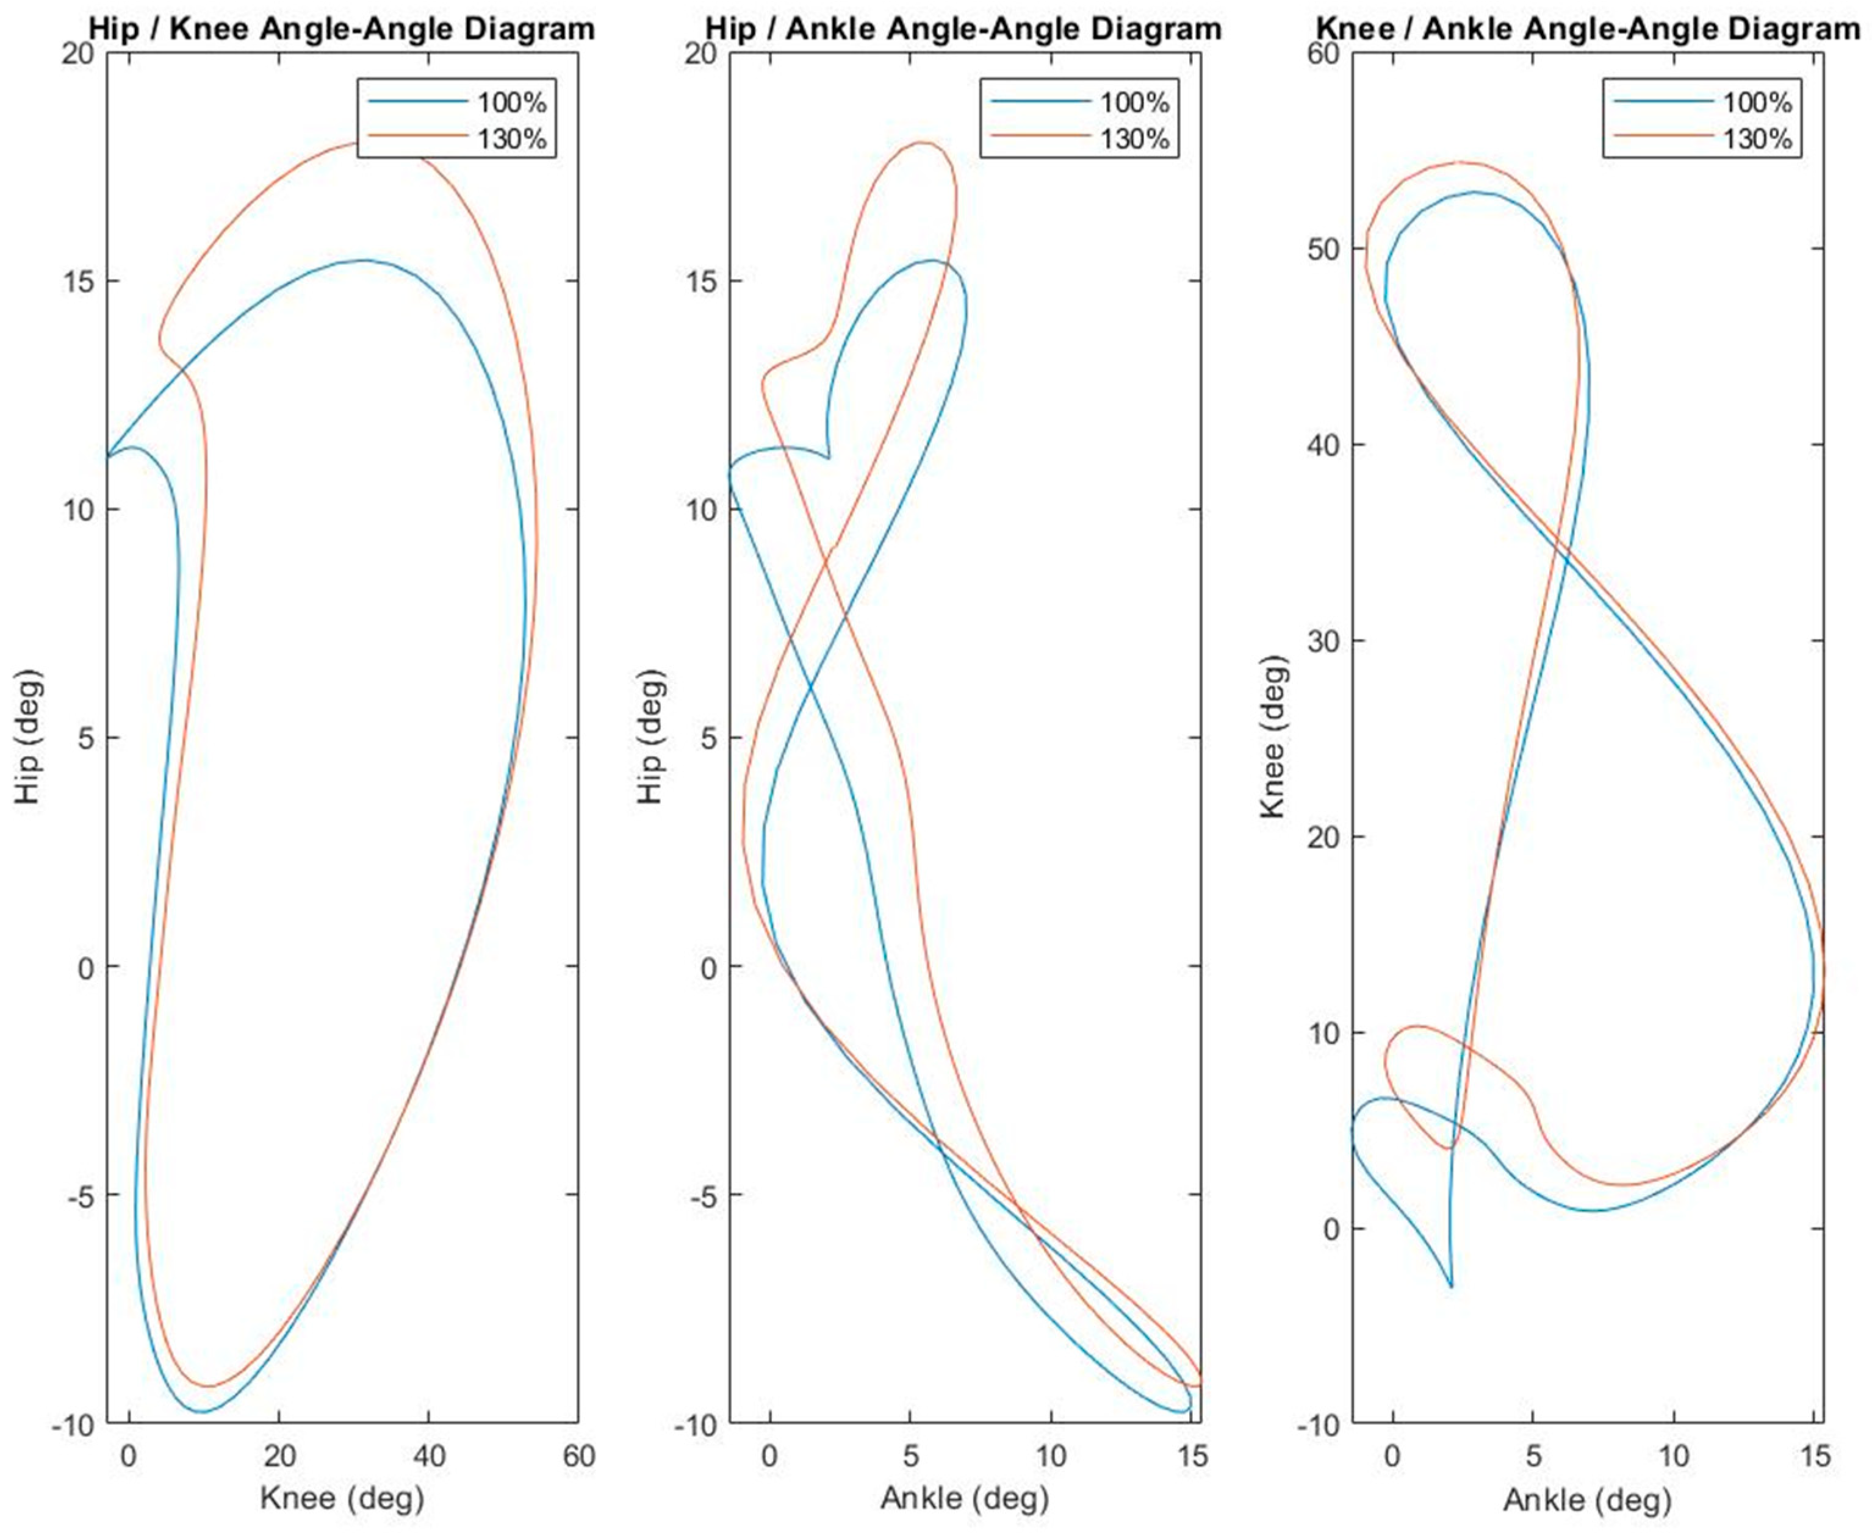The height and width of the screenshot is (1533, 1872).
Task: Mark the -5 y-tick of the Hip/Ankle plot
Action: [699, 1195]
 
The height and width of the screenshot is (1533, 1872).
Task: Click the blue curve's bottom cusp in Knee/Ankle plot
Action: [1452, 1287]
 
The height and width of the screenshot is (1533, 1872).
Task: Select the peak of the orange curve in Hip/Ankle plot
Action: [923, 142]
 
